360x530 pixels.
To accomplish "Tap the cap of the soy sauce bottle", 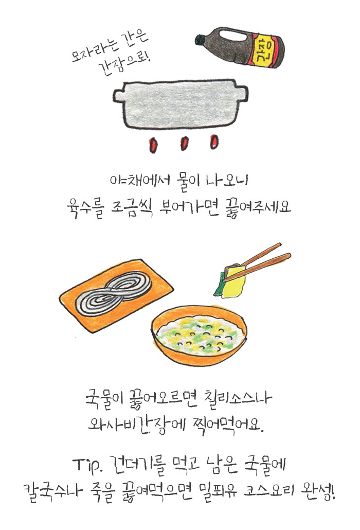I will [x=201, y=39].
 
